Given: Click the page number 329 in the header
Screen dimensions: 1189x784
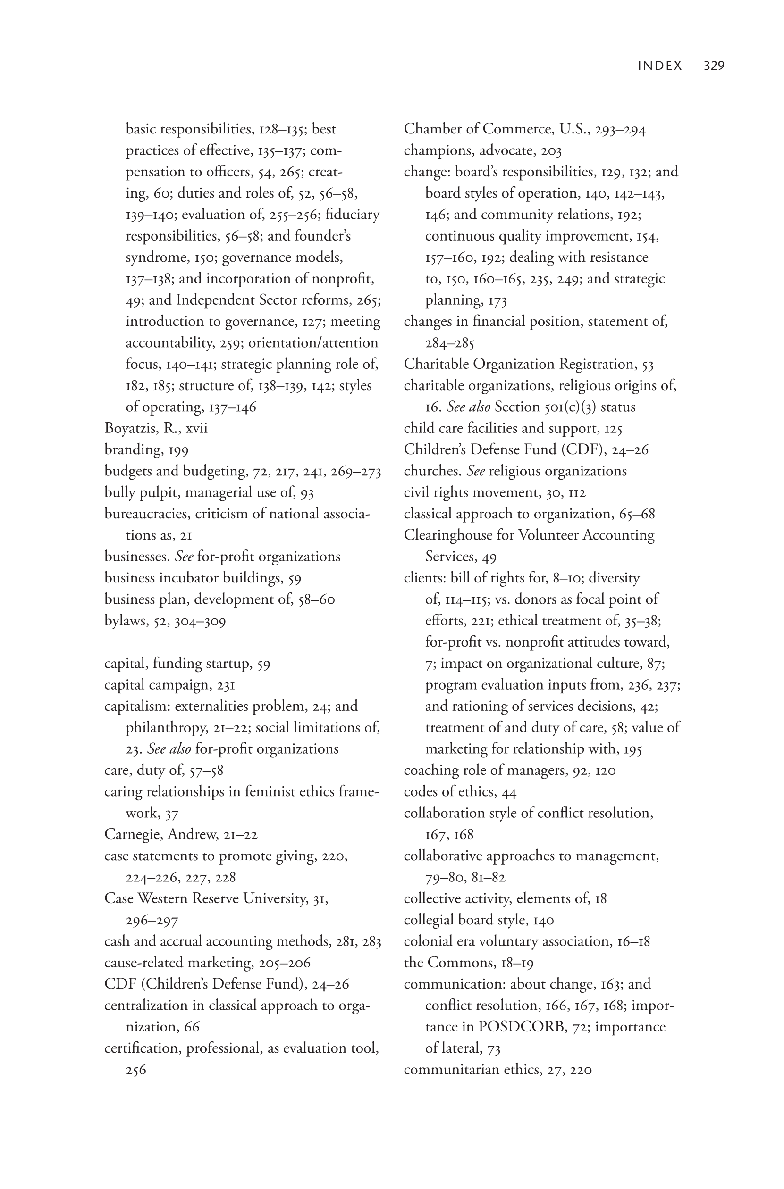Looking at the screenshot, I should (x=714, y=66).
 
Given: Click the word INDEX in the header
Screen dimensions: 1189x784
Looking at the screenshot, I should (x=660, y=66).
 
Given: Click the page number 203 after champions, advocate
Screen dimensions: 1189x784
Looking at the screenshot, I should (x=551, y=151).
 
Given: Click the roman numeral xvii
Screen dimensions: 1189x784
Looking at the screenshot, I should (x=196, y=429).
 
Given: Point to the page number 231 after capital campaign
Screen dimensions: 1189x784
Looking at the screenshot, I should (x=226, y=685).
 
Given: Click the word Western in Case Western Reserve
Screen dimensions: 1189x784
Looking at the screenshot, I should (x=162, y=899).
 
